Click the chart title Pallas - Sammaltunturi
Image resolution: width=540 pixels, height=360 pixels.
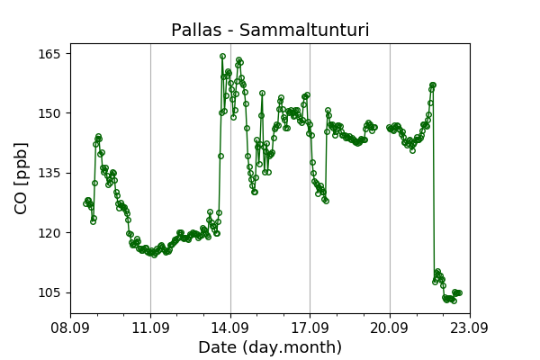click(x=270, y=30)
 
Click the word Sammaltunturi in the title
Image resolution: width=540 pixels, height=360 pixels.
click(x=304, y=30)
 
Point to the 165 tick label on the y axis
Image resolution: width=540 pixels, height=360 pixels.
click(x=49, y=54)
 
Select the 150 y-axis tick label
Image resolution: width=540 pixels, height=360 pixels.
click(x=49, y=113)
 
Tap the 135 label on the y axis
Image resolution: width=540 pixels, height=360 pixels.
click(x=49, y=173)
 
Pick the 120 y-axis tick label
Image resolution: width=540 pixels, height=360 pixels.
click(x=49, y=233)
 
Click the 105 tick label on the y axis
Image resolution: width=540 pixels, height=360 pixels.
click(x=49, y=292)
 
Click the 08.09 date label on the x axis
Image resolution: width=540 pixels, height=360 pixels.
click(x=70, y=328)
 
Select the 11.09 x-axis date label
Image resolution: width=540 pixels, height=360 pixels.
click(x=150, y=328)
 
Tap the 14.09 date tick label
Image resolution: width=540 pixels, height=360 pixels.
click(x=230, y=328)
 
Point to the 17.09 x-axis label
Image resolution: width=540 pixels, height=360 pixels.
click(x=310, y=328)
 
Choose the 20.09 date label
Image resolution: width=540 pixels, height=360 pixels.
click(x=390, y=328)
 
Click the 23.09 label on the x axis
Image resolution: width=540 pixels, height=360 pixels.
click(x=470, y=328)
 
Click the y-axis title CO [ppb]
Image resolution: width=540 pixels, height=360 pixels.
click(x=21, y=178)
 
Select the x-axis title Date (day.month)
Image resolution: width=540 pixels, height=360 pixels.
click(x=270, y=347)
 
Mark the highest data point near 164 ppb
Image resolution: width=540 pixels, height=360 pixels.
click(x=223, y=56)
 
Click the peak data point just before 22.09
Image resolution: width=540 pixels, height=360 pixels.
click(x=433, y=85)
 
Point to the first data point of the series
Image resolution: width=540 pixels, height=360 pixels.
click(x=85, y=203)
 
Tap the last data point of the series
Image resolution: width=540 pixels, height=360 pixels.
click(x=459, y=292)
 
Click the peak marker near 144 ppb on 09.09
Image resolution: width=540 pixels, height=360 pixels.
click(x=98, y=137)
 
